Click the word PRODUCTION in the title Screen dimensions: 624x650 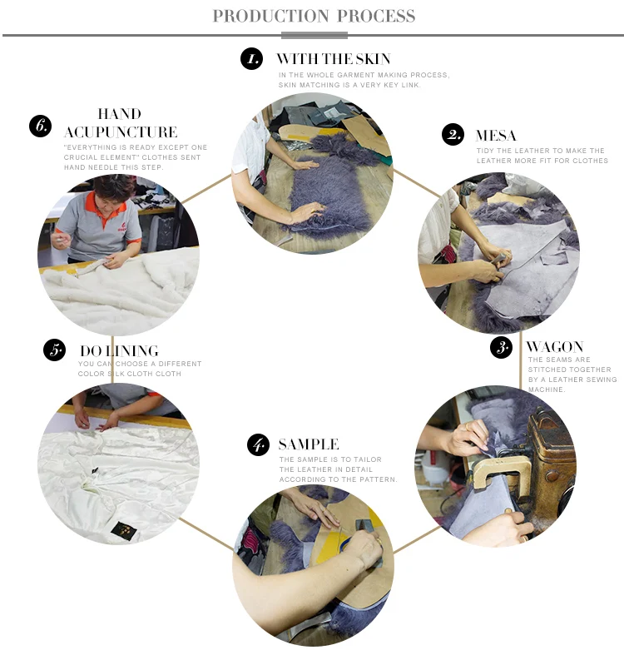[270, 16]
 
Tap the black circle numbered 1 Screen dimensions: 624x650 [251, 58]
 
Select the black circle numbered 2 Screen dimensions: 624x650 [453, 134]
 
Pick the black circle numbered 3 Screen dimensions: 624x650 [501, 347]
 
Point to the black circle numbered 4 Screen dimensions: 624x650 [258, 444]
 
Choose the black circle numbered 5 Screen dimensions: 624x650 [54, 350]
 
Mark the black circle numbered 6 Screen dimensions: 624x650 [40, 125]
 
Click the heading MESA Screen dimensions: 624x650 [496, 136]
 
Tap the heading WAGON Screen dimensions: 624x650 [555, 346]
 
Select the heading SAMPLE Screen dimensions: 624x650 [309, 444]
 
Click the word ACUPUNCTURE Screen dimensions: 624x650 [121, 132]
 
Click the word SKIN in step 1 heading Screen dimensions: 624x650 [373, 59]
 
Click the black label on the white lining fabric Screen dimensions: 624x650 [122, 530]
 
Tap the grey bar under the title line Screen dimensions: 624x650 [314, 36]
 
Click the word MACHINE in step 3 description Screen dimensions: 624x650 [547, 390]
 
